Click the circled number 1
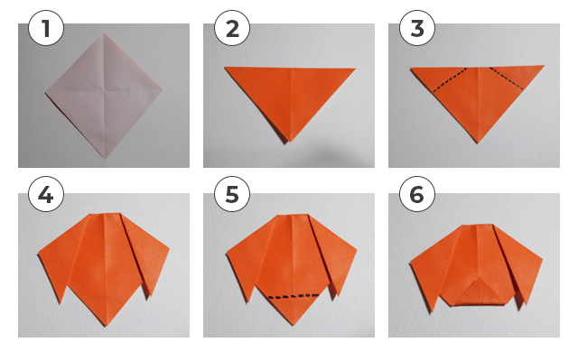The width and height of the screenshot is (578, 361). coord(46,28)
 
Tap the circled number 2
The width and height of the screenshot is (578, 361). coord(232,28)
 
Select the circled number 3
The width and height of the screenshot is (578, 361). coord(417,28)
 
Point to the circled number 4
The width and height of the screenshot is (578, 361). coord(46,194)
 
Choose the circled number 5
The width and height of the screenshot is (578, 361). coord(232,194)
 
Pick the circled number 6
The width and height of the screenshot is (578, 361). coord(417,194)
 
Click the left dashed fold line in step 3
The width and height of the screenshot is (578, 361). coord(450,79)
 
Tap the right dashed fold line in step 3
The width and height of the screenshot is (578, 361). coord(507,79)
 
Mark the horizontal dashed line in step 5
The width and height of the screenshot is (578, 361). coord(294,296)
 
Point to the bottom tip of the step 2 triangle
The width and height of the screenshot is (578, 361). coord(290,142)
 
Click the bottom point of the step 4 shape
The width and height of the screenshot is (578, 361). coord(107,326)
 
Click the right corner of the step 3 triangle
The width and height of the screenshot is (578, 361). coord(544,66)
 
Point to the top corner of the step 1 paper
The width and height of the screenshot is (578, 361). coord(104,33)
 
